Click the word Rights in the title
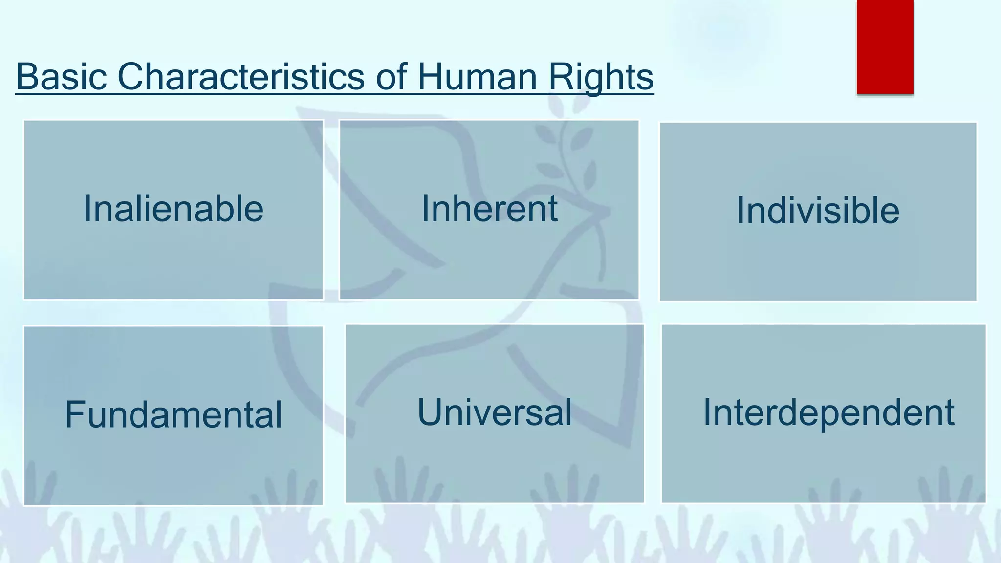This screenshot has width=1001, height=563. click(601, 77)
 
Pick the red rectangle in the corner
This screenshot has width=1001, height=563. click(885, 46)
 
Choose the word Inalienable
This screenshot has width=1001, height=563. click(174, 209)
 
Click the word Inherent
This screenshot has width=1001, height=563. click(489, 209)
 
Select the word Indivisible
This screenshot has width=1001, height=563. click(818, 211)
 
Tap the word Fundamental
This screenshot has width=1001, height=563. click(174, 414)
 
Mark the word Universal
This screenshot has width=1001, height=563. click(494, 412)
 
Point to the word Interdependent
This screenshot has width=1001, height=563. click(828, 412)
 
